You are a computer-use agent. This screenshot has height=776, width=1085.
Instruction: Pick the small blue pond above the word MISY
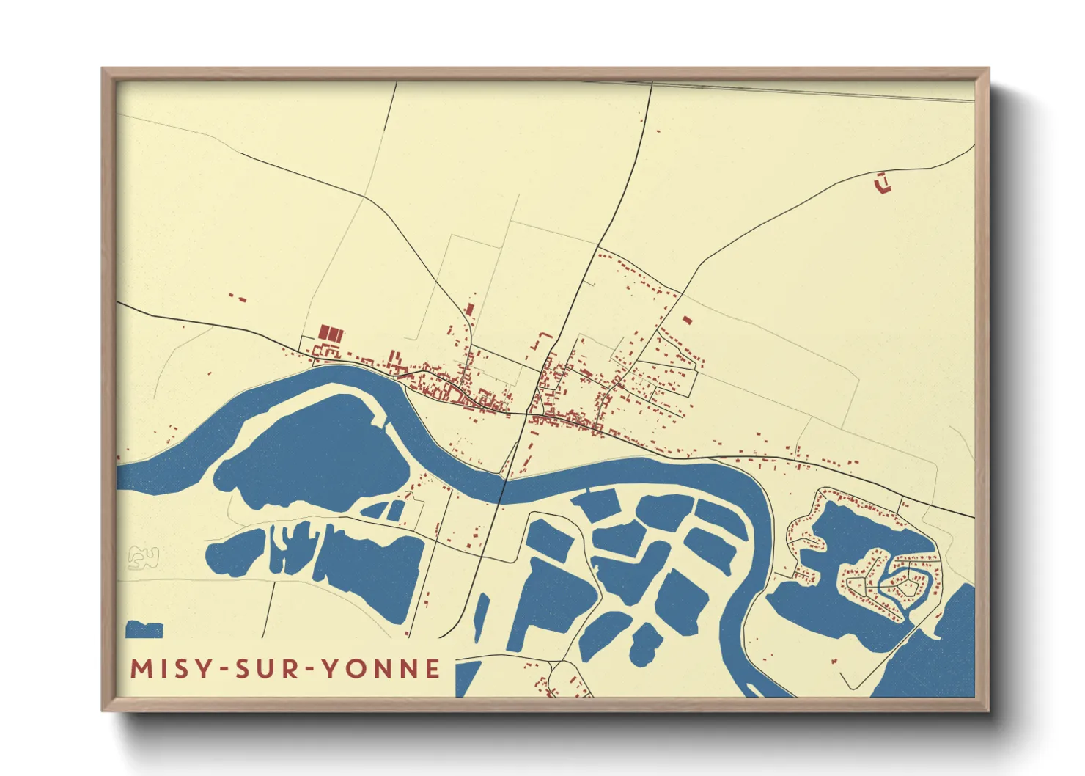(x=144, y=629)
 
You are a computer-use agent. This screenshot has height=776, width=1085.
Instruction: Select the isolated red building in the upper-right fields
(x=883, y=183)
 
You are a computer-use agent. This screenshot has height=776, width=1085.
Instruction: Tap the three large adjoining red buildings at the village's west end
(x=331, y=334)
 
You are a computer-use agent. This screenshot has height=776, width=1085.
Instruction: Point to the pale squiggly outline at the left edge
(x=143, y=558)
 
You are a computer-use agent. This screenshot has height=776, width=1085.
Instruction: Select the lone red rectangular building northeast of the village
(x=687, y=320)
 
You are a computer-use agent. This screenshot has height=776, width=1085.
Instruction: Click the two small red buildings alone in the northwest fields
(x=237, y=297)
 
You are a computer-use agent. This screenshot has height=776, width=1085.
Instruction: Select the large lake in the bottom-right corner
(x=938, y=653)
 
